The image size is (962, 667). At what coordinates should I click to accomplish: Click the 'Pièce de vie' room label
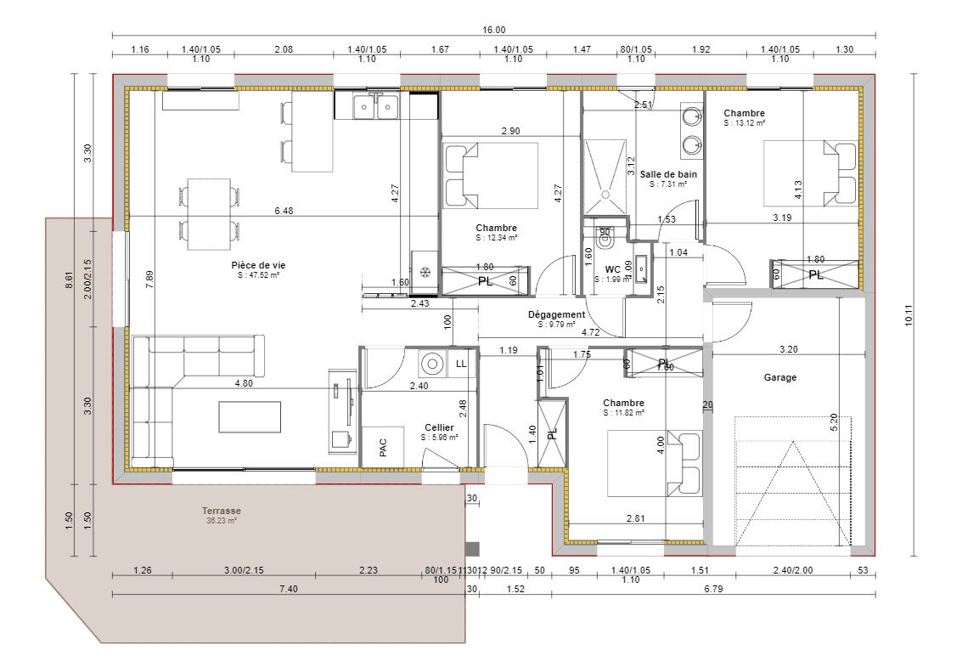tap(252, 264)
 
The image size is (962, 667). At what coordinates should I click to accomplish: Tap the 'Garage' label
tap(779, 377)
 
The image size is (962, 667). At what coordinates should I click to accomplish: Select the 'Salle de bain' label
tap(668, 173)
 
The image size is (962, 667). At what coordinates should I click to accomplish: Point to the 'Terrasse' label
tap(222, 511)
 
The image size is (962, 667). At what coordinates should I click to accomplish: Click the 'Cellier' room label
tap(439, 427)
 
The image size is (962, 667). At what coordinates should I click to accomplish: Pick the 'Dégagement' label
tap(555, 314)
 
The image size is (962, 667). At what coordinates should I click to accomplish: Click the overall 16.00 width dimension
tap(494, 29)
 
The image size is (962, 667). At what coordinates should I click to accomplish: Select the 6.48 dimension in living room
tap(284, 212)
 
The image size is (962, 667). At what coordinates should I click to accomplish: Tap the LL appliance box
tap(461, 364)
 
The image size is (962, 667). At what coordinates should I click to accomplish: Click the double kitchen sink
tap(376, 107)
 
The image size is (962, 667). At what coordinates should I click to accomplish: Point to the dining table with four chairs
tap(209, 213)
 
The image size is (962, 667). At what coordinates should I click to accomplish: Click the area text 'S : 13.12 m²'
tap(745, 123)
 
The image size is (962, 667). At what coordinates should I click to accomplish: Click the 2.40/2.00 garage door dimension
tap(793, 570)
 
